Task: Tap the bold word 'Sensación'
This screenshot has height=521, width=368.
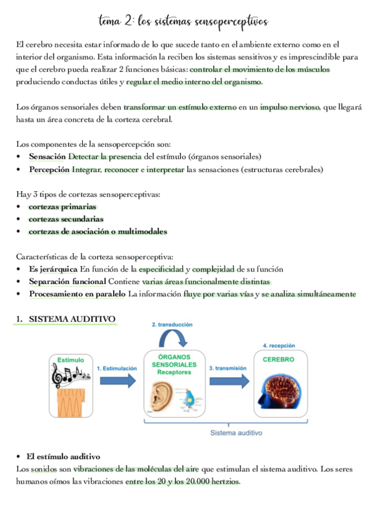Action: pos(47,157)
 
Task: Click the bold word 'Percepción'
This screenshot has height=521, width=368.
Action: pos(49,170)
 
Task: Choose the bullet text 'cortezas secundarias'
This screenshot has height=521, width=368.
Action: pos(66,219)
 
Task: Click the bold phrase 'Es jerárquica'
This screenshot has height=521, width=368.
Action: pos(53,269)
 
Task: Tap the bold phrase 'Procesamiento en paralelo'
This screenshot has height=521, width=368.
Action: pos(77,294)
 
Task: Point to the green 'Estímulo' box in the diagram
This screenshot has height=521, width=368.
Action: pos(70,359)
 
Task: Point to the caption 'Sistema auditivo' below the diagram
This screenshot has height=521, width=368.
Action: pos(236,433)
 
